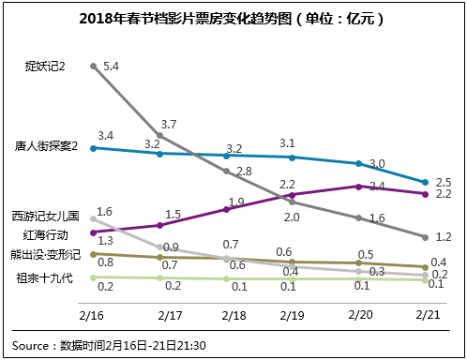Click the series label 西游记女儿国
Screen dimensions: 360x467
coord(46,216)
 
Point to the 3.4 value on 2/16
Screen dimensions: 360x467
coord(105,137)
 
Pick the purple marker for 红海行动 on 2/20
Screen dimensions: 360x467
coord(360,186)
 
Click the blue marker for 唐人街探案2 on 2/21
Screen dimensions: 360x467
coord(427,182)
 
